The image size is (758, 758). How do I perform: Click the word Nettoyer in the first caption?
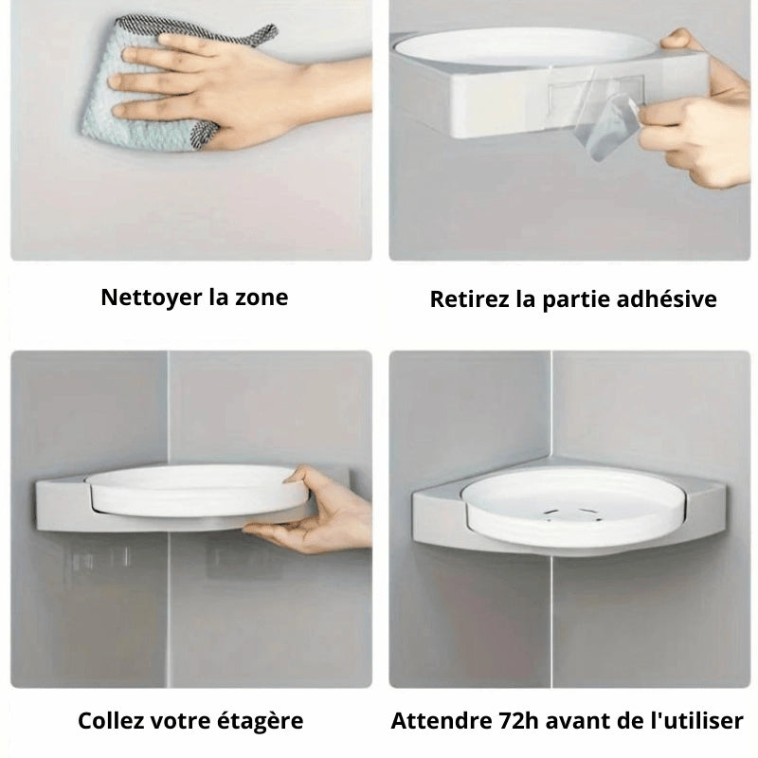pyautogui.click(x=152, y=298)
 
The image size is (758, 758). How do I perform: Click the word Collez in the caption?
pyautogui.click(x=111, y=720)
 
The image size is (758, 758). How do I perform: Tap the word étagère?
pyautogui.click(x=260, y=721)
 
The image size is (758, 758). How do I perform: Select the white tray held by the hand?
pyautogui.click(x=193, y=491)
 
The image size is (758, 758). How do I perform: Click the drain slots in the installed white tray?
pyautogui.click(x=573, y=515)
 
